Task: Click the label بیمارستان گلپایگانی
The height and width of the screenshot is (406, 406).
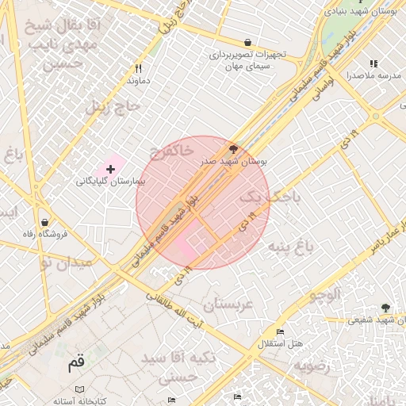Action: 112,182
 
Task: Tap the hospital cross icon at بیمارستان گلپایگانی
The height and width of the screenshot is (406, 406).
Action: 110,169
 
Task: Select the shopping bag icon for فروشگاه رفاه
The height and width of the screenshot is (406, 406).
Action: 44,222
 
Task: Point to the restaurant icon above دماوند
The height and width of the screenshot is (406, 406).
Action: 138,68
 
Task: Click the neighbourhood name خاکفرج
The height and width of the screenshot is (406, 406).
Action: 170,150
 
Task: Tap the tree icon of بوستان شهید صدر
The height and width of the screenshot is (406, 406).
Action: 233,147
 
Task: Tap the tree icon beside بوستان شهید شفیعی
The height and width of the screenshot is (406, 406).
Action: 385,308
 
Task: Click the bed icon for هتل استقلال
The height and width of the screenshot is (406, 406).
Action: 280,331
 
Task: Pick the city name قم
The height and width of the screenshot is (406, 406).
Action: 76,364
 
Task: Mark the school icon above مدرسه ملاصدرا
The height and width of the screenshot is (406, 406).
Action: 373,63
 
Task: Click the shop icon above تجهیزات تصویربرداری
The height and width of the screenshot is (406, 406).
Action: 248,42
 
